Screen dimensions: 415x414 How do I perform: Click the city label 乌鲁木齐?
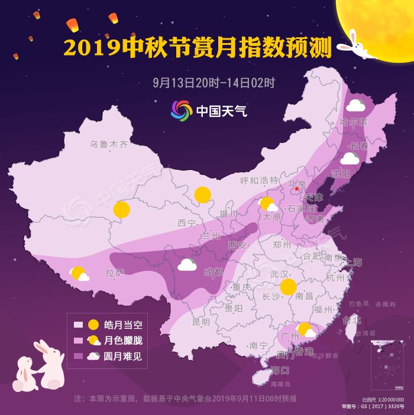(109, 144)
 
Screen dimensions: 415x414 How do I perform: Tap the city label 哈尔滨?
(354, 122)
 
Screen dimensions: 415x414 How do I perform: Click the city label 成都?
(213, 272)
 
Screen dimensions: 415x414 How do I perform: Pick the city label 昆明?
(201, 322)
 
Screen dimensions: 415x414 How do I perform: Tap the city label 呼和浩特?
(259, 180)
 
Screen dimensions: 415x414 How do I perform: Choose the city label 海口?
(280, 370)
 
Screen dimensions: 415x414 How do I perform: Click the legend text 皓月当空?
(124, 324)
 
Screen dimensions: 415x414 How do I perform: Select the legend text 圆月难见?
(124, 356)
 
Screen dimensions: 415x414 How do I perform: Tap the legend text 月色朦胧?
(124, 340)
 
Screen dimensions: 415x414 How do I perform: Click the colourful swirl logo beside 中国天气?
(182, 110)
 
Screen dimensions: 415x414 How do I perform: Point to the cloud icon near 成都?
(187, 264)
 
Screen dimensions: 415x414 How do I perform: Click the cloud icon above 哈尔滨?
(355, 106)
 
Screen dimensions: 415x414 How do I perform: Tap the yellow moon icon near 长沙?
(288, 287)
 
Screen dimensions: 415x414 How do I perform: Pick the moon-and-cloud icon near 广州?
(306, 330)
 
